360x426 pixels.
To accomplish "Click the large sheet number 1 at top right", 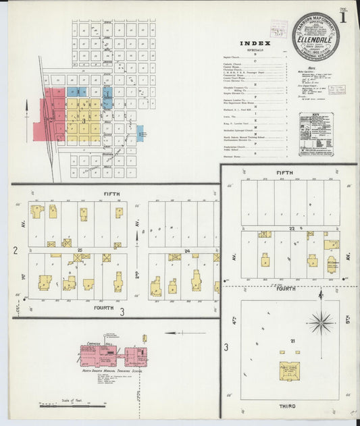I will coord(344,18).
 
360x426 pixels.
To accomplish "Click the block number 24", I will coord(186,250).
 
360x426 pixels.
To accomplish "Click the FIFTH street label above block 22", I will coord(284,173).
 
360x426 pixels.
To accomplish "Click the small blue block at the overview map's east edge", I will coord(140,132).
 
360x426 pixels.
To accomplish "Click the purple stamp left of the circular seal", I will coord(278,29).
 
